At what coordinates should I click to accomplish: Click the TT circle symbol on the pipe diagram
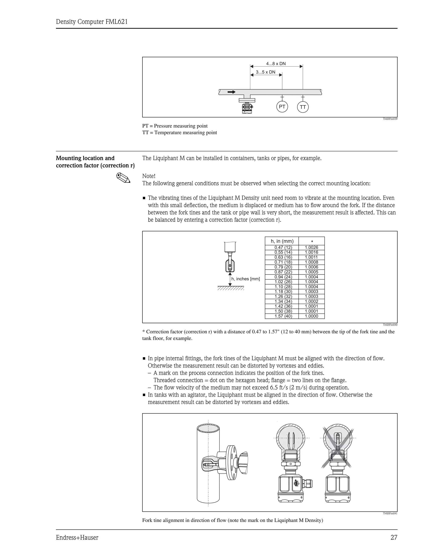[303, 107]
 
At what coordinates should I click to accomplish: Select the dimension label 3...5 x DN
[266, 72]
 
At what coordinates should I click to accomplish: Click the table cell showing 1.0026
[311, 247]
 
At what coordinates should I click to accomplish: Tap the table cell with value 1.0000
[311, 316]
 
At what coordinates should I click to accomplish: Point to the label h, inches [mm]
[245, 279]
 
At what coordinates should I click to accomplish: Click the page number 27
[394, 538]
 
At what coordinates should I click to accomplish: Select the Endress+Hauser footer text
[77, 538]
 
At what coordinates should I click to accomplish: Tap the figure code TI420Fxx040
[390, 325]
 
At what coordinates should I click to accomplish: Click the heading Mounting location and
[85, 158]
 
